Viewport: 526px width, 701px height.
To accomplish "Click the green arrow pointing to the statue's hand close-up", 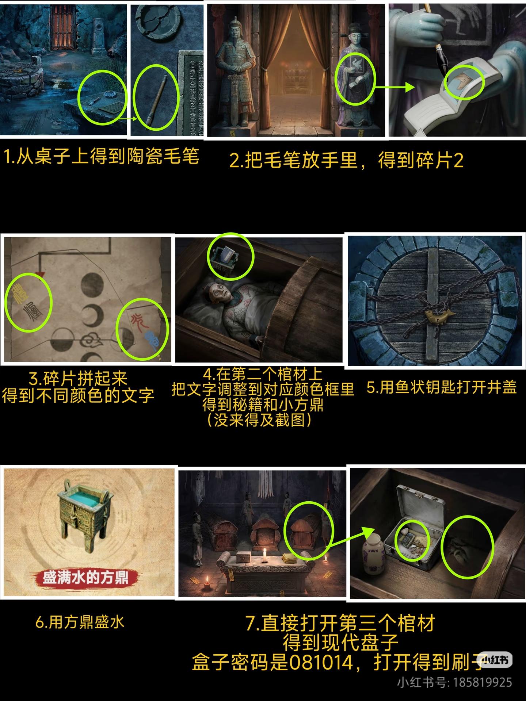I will [x=395, y=88].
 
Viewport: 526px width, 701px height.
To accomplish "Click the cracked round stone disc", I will [x=159, y=20].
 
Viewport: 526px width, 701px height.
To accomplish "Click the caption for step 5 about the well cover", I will [x=441, y=387].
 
